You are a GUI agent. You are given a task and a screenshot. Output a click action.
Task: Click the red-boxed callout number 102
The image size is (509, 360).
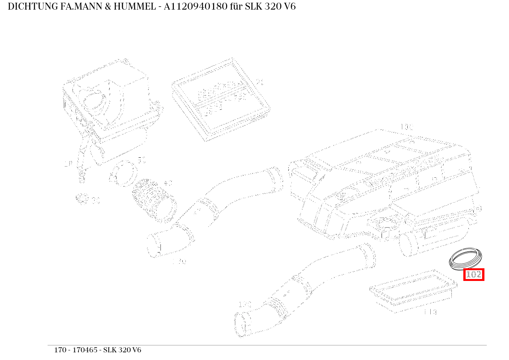pos(473,275)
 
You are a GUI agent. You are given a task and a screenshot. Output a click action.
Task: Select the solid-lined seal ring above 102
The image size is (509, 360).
pos(465,259)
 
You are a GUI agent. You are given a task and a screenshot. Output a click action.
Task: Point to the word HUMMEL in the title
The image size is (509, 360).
pos(133,7)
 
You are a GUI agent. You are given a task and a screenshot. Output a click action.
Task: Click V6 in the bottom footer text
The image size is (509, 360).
pos(136,350)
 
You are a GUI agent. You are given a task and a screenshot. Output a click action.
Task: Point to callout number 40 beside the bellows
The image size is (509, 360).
pos(168,183)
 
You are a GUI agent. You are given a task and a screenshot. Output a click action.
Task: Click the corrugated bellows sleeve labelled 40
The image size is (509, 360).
pos(154,200)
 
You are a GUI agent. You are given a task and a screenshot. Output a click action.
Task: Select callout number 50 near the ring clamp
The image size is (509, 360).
pos(142,160)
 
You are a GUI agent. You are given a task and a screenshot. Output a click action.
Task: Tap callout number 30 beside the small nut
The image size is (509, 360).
pos(96,200)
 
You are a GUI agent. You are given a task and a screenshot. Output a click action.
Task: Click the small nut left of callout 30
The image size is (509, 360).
pos(81,198)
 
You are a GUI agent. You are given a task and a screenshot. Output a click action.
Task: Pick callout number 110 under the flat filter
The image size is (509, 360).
pos(430,312)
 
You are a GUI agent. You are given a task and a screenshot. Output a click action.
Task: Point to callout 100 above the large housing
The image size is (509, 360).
pos(406,127)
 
